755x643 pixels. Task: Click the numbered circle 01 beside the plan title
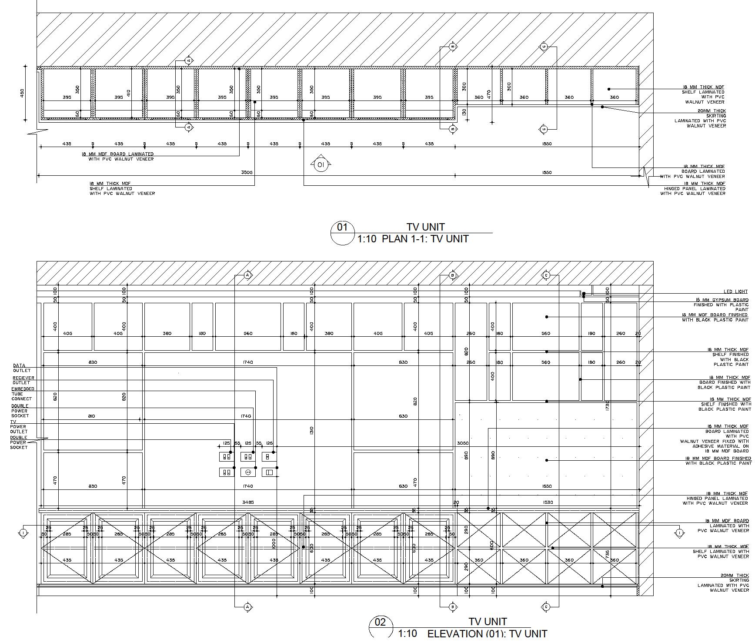click(x=343, y=228)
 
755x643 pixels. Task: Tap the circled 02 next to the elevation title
click(x=380, y=623)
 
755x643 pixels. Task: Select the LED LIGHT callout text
click(x=735, y=292)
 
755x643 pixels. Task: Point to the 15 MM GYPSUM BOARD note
click(x=721, y=300)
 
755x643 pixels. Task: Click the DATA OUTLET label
click(x=20, y=368)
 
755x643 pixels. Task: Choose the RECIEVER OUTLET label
click(x=23, y=380)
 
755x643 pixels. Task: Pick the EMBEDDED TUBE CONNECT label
click(x=22, y=394)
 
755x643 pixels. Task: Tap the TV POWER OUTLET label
click(x=19, y=427)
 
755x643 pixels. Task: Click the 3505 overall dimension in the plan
click(x=247, y=173)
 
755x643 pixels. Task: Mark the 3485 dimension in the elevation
click(x=248, y=502)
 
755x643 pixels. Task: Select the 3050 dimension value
click(x=463, y=443)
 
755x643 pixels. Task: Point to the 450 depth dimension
click(x=22, y=93)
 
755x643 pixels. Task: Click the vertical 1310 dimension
click(x=312, y=431)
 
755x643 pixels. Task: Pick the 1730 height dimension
click(x=608, y=406)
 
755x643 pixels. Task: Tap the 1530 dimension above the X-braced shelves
click(x=548, y=502)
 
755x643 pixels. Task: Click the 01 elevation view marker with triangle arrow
click(x=321, y=164)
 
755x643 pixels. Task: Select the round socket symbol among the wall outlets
click(x=249, y=472)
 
